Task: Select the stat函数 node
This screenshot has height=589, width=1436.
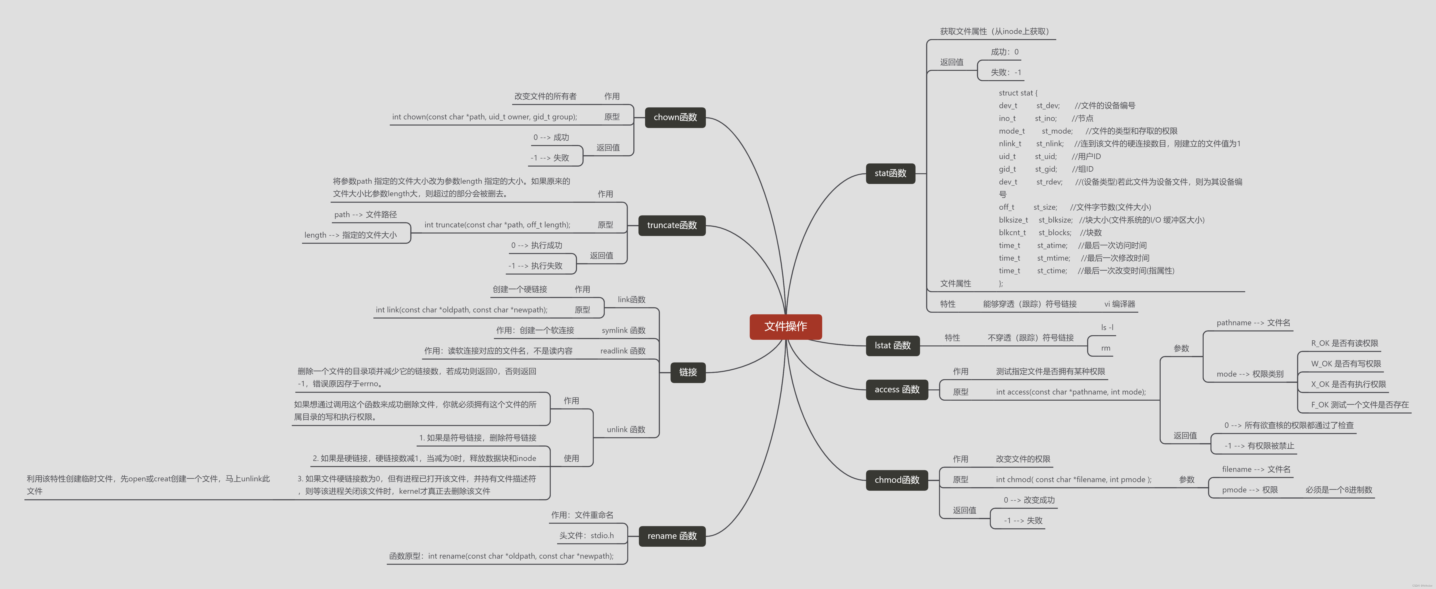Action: coord(890,173)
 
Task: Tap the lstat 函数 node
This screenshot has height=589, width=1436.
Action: coord(893,345)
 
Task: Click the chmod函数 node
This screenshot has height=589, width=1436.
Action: coord(896,480)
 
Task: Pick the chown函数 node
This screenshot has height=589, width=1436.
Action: coord(675,117)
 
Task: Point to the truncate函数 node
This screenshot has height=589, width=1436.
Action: coord(672,225)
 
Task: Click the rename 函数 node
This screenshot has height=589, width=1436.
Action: coord(672,536)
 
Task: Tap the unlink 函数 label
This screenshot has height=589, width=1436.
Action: coord(626,430)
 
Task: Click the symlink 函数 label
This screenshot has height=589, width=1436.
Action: coord(623,331)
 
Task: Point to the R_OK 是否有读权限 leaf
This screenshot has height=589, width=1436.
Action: coord(1344,343)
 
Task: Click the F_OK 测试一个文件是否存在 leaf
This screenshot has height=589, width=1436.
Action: coord(1359,405)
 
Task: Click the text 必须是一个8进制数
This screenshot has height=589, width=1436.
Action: coord(1339,490)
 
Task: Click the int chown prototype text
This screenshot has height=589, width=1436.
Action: coord(485,117)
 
